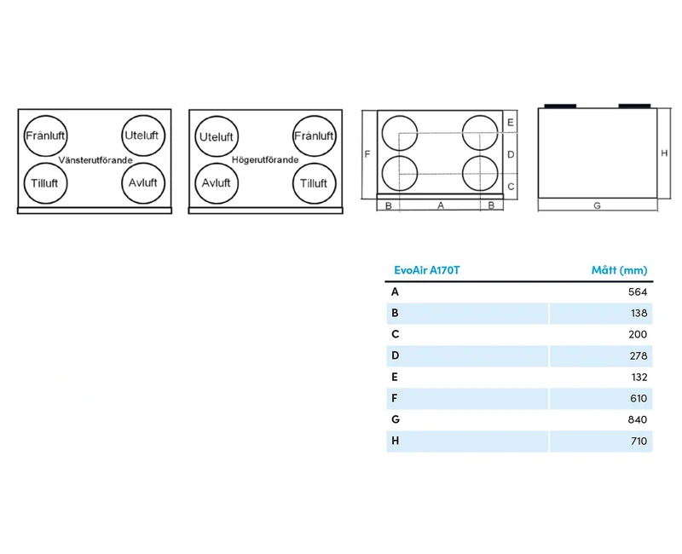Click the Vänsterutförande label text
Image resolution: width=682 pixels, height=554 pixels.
point(95,160)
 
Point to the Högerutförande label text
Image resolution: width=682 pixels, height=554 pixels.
point(265,159)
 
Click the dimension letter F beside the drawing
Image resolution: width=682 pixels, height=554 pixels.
point(367,154)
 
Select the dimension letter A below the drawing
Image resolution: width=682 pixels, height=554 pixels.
point(441,205)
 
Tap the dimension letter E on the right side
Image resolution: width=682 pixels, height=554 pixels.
point(511,123)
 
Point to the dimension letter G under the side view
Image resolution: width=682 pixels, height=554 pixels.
point(598,205)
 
